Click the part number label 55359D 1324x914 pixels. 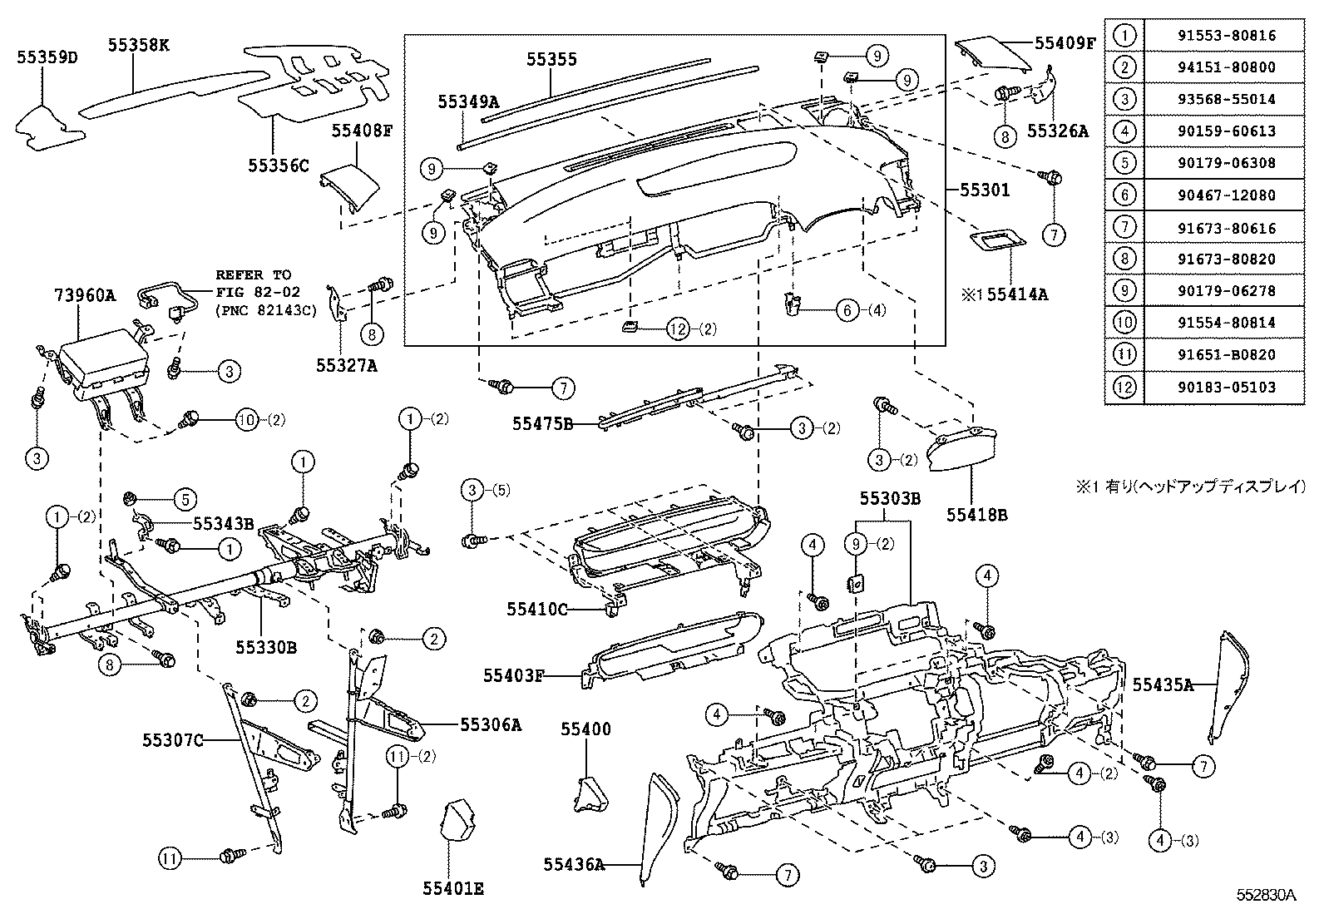click(47, 57)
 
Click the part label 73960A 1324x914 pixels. click(84, 295)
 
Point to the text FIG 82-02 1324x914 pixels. click(254, 292)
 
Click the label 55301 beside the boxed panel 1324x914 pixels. click(985, 190)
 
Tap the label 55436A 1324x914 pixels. click(573, 864)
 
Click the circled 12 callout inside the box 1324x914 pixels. click(679, 329)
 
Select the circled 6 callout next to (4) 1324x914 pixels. click(847, 311)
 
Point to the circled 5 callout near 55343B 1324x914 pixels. click(185, 499)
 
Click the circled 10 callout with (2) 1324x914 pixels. click(248, 420)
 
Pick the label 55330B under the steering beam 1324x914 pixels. click(265, 646)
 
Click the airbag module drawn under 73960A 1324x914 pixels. click(101, 367)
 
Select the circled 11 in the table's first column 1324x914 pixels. click(1124, 355)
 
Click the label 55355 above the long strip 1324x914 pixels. click(551, 60)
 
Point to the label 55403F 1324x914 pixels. click(513, 675)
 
